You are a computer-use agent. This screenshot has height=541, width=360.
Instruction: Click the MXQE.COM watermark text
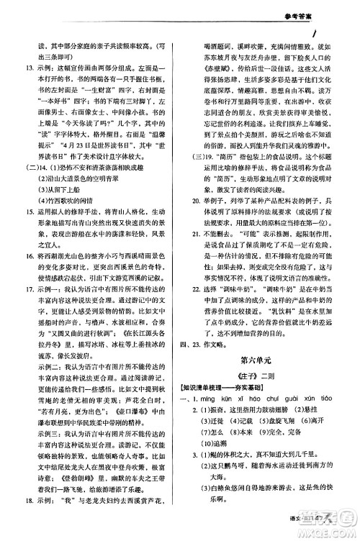pos(325,531)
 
